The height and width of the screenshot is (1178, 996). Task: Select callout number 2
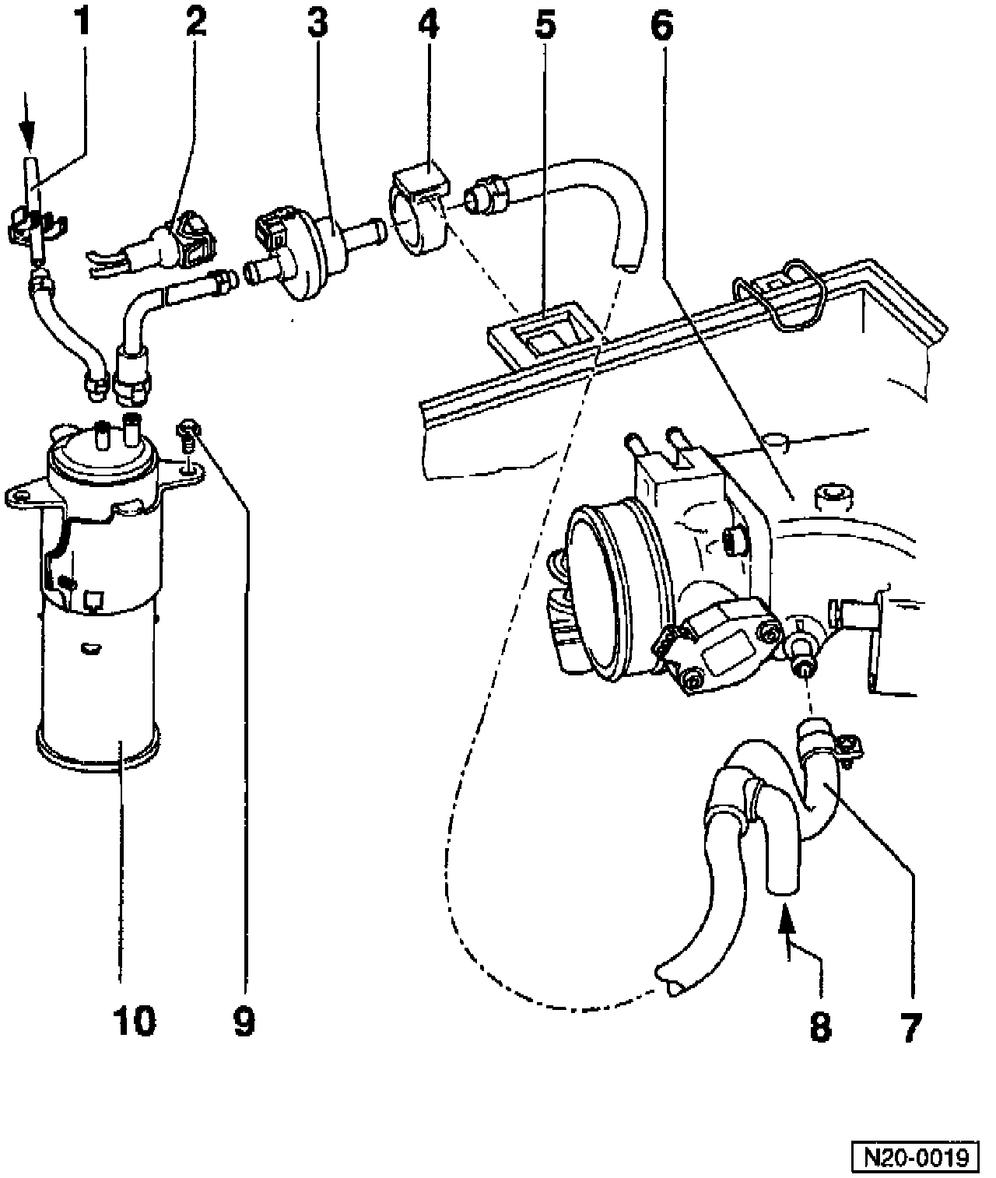click(x=196, y=24)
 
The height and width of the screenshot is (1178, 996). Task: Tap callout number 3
click(x=316, y=24)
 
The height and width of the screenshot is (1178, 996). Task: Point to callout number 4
click(x=427, y=24)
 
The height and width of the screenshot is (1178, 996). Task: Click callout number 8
click(x=819, y=1027)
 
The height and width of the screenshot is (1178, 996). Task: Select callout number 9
click(x=243, y=1021)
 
